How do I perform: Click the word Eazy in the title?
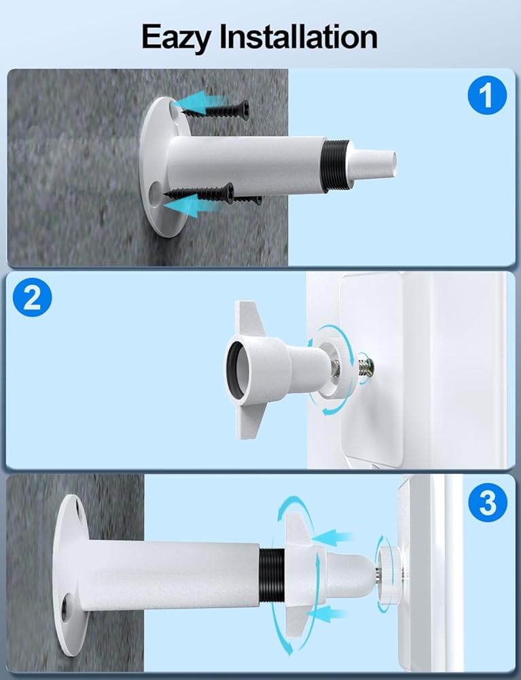176,38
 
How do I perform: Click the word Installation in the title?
298,37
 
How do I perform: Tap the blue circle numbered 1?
487,95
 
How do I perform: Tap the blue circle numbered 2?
32,298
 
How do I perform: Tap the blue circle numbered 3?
488,503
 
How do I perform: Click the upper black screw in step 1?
217,111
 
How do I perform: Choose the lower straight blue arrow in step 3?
326,614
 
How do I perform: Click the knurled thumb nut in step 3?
389,574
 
